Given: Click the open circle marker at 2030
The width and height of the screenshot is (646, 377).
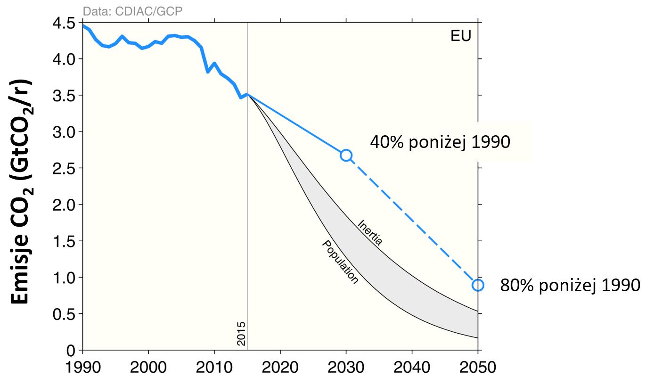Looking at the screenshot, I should [346, 155].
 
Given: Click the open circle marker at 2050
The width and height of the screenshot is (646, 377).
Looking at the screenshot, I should [478, 285].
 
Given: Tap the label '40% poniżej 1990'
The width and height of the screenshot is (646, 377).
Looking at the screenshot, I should [440, 142].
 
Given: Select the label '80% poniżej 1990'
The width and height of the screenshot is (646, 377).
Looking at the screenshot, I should [570, 285].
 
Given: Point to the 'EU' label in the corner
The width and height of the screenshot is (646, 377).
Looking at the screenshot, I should [461, 36].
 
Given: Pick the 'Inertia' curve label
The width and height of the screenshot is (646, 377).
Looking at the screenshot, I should [370, 232].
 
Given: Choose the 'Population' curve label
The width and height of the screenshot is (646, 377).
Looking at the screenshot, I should [340, 262].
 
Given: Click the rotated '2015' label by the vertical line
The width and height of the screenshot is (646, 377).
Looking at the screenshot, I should [241, 334].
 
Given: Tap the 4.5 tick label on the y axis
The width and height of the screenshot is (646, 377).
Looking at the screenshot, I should [65, 23].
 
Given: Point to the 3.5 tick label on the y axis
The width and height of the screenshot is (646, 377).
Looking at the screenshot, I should [65, 96].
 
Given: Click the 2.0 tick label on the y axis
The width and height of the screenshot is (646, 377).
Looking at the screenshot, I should [65, 205].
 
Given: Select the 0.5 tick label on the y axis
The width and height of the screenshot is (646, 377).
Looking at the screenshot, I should [65, 314].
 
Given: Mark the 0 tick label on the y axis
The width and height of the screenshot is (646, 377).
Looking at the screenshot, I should [70, 351].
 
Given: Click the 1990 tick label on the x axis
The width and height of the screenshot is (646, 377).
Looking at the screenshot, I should [83, 366].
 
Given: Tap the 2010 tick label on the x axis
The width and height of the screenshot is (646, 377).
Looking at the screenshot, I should [214, 366].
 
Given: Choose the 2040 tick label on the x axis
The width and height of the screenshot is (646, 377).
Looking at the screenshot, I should [412, 366].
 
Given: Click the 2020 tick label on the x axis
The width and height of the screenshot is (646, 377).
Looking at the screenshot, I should [280, 366].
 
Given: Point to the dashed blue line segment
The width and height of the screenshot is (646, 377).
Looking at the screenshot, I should [412, 220].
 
